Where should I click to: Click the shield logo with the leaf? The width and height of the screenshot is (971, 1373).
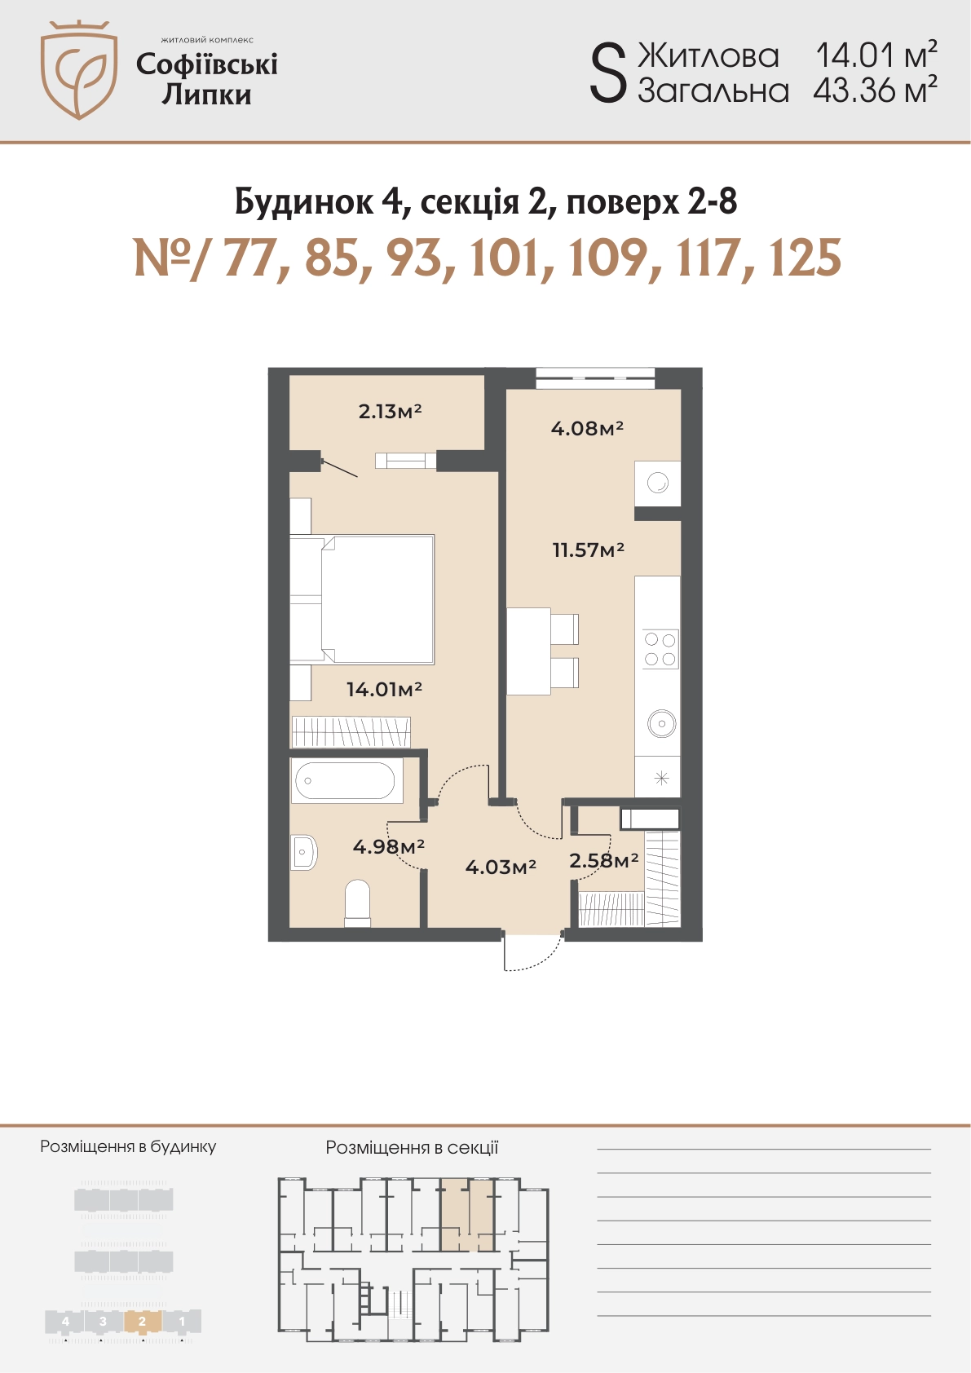point(79,69)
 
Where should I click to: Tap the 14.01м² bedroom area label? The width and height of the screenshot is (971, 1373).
point(384,690)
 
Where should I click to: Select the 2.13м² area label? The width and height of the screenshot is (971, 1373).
point(390,411)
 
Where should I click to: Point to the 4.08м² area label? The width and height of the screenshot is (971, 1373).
point(587,428)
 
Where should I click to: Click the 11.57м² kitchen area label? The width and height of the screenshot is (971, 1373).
point(589,550)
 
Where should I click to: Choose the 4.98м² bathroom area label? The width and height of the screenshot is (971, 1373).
point(389,846)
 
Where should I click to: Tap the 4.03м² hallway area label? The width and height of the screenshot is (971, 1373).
point(501,866)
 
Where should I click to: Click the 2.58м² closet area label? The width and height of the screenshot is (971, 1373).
point(604,861)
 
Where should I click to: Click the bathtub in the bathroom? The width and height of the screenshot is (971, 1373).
point(347,780)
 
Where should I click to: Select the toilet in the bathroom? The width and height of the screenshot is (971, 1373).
point(358,903)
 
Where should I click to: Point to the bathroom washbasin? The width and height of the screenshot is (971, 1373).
point(305,851)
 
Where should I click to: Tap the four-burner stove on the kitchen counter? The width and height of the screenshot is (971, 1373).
point(660,649)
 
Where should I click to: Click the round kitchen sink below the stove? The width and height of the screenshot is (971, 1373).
point(662,724)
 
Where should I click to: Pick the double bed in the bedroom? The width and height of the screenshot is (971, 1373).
point(362,599)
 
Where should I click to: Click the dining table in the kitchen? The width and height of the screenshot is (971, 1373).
point(528,651)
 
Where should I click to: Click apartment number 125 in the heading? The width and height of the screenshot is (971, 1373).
point(804,258)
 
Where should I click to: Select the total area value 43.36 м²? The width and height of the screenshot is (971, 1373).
point(875,91)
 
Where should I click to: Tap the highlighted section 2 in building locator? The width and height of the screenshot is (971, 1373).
point(142,1322)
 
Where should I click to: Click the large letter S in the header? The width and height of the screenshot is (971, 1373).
point(608,75)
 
